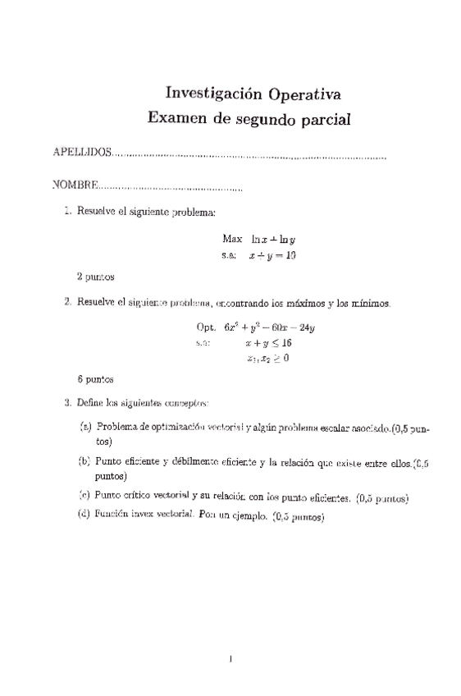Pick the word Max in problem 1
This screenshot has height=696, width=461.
(x=232, y=239)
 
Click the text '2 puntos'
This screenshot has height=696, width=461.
(x=94, y=277)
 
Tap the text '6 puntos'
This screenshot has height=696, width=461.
(x=94, y=379)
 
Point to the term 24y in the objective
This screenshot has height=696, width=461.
(x=305, y=326)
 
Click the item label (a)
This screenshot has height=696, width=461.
(x=85, y=428)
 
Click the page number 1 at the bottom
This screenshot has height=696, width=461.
(x=232, y=657)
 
